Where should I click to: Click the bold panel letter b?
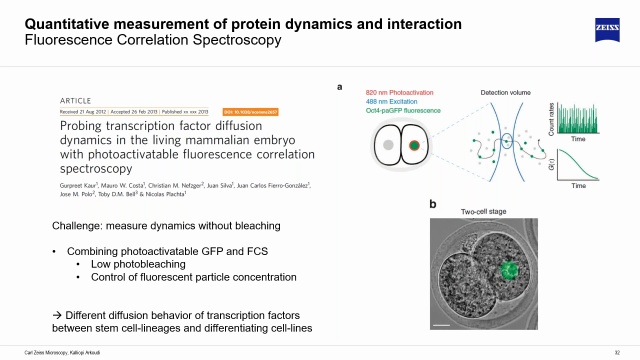[x=432, y=204]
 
